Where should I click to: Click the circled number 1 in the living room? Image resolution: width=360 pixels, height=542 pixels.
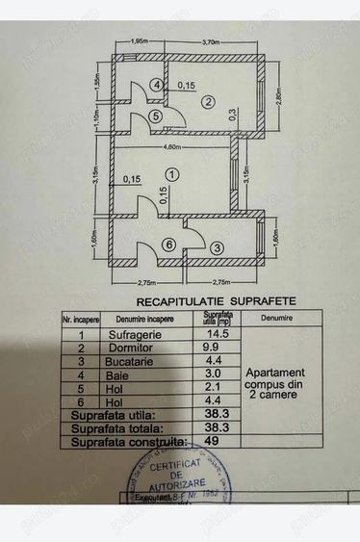point(171,174)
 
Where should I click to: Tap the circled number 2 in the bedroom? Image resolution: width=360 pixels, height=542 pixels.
point(206,99)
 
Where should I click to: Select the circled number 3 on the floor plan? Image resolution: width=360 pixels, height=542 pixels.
point(218,248)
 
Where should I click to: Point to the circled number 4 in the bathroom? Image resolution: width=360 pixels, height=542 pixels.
point(157,85)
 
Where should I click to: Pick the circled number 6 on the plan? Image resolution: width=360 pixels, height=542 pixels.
point(168,245)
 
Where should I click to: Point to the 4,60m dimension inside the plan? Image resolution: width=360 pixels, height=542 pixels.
point(172,147)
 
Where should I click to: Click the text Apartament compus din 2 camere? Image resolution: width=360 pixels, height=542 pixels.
point(274,382)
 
